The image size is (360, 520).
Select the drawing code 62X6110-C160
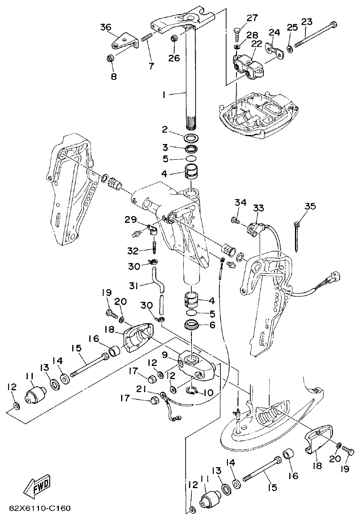40,508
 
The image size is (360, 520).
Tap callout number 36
105,27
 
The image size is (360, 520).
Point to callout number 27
252,18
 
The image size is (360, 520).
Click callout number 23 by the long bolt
307,21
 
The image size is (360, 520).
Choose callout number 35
310,206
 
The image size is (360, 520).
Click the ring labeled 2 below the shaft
192,138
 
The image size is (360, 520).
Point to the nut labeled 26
174,37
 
